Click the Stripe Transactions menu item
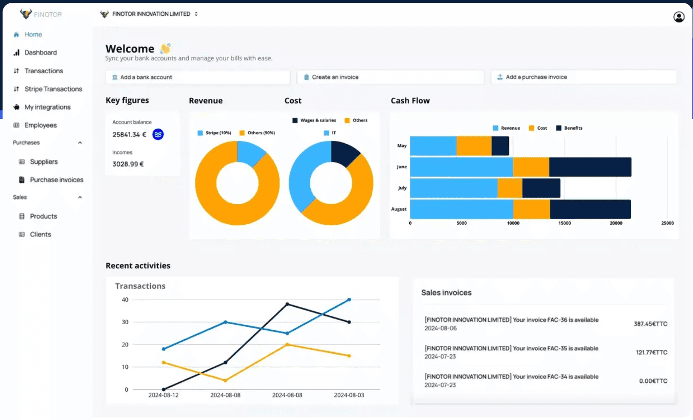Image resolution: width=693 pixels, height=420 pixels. pos(53,89)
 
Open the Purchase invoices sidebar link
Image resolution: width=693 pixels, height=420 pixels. pos(56,180)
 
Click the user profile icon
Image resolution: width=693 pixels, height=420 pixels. pos(679,17)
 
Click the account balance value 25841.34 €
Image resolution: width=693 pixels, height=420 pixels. pos(129,135)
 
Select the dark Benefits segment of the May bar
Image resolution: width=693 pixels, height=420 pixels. pos(500,146)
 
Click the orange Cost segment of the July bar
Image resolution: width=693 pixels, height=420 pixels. pos(510,188)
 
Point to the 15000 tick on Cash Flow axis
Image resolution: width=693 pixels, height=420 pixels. pos(564,223)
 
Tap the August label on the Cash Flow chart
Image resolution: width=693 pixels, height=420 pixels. pos(399,209)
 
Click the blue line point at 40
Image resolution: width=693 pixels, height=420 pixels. pos(349,300)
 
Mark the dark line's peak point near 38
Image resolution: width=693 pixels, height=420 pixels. pos(287,304)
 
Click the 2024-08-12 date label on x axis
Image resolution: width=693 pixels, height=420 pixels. pos(164,395)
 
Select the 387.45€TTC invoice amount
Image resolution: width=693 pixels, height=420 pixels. pos(650,324)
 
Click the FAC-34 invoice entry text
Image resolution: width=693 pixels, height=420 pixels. pos(511,377)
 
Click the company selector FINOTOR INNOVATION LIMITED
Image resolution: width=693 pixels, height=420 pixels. pos(151,14)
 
